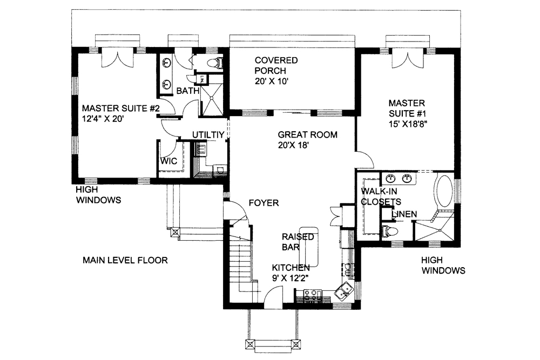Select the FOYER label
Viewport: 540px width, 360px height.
tap(264, 203)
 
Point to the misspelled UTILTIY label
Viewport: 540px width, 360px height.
tap(208, 134)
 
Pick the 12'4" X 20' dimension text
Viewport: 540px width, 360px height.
tap(103, 119)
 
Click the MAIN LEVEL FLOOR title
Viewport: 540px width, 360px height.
tap(125, 260)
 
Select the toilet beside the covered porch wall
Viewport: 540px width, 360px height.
tap(214, 63)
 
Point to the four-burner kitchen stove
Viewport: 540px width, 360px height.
tap(312, 295)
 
